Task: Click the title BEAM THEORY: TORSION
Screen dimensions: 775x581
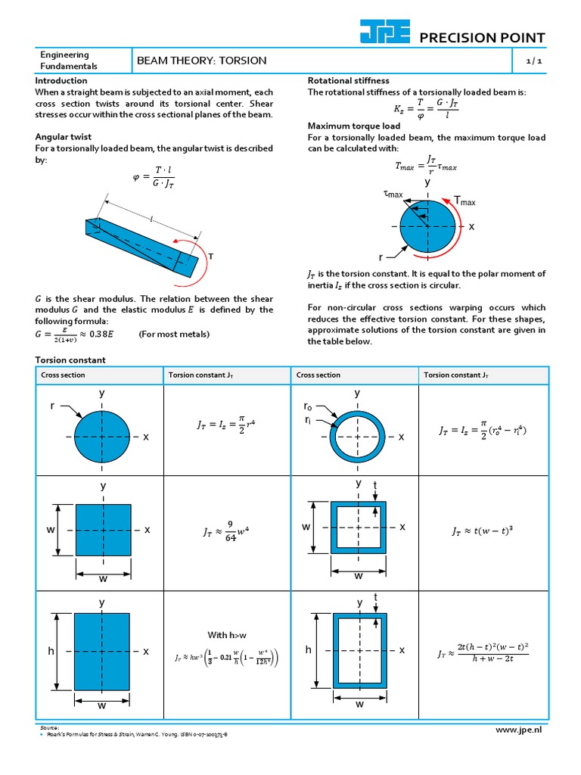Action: tap(201, 61)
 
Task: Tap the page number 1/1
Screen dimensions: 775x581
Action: tap(535, 61)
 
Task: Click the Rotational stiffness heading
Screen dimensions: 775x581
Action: tap(348, 80)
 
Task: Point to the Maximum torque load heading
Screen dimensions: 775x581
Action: tap(352, 126)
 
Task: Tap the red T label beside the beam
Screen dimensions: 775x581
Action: tap(211, 257)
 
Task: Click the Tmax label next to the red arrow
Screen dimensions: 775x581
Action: tap(464, 201)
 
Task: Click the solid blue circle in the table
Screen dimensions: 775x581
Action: tap(101, 437)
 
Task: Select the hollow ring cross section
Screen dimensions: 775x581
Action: tap(357, 437)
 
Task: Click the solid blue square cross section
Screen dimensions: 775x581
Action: tap(102, 531)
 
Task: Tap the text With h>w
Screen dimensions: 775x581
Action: tap(228, 634)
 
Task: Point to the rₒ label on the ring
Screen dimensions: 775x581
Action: tap(307, 407)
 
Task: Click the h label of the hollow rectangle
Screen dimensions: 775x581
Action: tap(308, 650)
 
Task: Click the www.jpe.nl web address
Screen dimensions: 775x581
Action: tap(519, 729)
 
